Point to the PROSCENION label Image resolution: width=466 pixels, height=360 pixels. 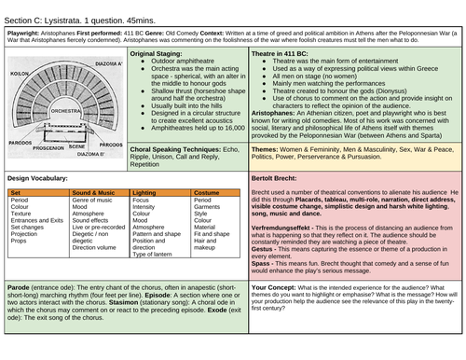[x=48, y=147]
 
